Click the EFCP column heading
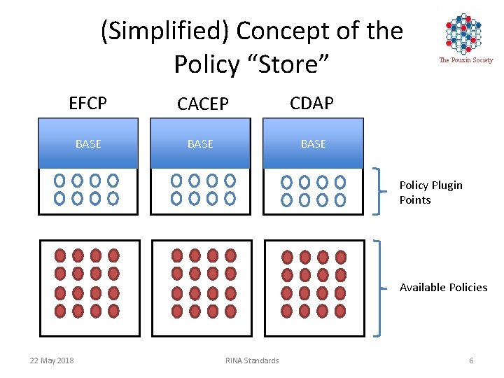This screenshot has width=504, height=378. tap(88, 104)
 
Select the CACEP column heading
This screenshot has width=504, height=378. tap(202, 104)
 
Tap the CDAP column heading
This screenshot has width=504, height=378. tap(311, 104)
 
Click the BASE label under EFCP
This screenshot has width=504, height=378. tap(88, 144)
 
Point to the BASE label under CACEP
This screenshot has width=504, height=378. tap(200, 144)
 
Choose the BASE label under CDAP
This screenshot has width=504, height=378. tap(313, 144)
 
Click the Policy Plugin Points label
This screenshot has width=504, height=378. tap(430, 192)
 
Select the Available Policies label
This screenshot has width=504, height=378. tap(443, 287)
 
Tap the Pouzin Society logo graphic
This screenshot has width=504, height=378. tap(464, 33)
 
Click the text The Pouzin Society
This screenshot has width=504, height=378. tap(465, 60)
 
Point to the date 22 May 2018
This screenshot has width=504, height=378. tap(52, 360)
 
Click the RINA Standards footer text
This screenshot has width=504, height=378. tap(252, 360)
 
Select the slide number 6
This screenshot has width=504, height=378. tap(471, 360)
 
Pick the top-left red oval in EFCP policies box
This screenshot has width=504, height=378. tap(60, 255)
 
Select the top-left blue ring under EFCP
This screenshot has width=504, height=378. tap(60, 181)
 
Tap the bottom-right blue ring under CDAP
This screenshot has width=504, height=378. tap(340, 200)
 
